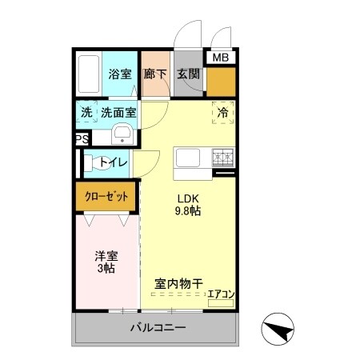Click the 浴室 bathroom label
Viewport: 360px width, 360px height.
point(120,73)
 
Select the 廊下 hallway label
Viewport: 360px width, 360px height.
point(154,73)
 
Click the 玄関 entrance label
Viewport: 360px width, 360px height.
point(189,73)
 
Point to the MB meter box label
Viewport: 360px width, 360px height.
point(219,57)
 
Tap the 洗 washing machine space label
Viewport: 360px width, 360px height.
point(86,113)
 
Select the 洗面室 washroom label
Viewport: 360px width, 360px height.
point(118,113)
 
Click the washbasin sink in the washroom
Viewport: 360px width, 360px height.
point(123,133)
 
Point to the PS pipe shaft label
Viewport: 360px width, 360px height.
point(81,138)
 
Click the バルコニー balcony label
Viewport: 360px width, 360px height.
point(157,328)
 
